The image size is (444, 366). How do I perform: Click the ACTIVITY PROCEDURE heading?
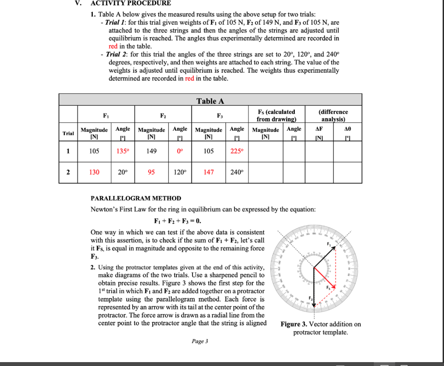point(131,3)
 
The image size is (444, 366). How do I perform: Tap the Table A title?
point(210,101)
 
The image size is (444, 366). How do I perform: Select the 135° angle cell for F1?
point(123,151)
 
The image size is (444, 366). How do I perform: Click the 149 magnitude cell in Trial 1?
point(151,151)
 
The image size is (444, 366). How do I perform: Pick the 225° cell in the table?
point(237,151)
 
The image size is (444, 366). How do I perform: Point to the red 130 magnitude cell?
point(94,172)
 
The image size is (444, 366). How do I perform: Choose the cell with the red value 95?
point(151,172)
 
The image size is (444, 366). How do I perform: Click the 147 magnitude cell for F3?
point(209,172)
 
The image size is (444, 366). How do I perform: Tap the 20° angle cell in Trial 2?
point(123,172)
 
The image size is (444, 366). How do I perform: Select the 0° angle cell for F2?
point(180,151)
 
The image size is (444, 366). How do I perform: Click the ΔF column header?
point(319,129)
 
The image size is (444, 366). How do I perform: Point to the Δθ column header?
point(347,129)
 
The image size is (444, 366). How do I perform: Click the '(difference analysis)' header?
point(333,115)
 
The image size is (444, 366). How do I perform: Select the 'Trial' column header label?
point(68,133)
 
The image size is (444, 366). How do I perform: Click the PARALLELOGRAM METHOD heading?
point(136,198)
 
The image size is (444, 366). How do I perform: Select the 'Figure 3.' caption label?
point(296,324)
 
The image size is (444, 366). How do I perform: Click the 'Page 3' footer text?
point(200,341)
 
